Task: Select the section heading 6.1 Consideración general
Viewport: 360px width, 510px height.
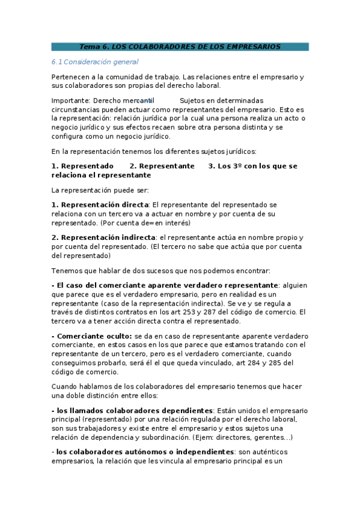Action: (x=95, y=62)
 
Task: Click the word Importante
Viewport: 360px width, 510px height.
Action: (x=70, y=100)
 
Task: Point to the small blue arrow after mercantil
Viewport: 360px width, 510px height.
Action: (x=144, y=100)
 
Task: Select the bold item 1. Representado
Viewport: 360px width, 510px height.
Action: (x=82, y=166)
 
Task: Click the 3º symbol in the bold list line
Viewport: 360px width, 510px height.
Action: (x=248, y=166)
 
